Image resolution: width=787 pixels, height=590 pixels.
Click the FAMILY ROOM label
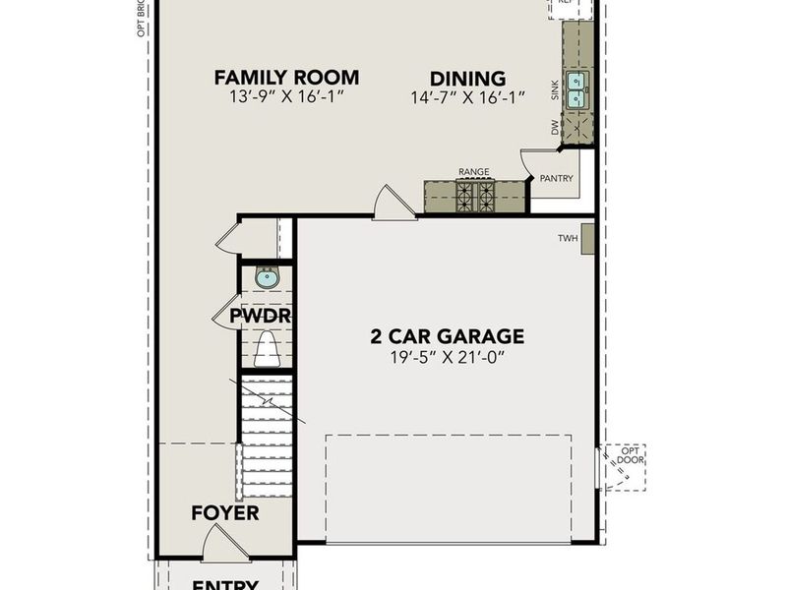click(286, 78)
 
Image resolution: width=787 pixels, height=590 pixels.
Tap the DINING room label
click(467, 79)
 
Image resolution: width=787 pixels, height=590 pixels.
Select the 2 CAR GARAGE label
click(447, 336)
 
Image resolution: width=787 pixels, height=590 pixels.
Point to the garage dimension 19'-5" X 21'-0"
click(447, 358)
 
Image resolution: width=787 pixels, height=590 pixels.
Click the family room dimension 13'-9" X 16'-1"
click(286, 97)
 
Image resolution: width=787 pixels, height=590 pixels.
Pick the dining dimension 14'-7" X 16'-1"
click(467, 97)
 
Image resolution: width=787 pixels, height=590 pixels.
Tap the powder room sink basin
click(267, 278)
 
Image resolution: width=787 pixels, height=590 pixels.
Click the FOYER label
click(224, 513)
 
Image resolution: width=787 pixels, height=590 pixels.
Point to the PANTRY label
click(556, 179)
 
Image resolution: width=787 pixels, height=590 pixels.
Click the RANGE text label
click(473, 172)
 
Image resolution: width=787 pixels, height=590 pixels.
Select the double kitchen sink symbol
click(576, 89)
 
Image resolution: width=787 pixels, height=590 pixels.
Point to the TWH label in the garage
click(567, 239)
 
